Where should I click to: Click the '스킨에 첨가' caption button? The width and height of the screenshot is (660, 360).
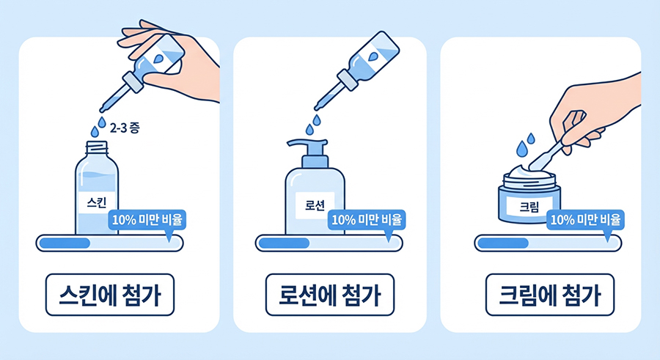(x=110, y=295)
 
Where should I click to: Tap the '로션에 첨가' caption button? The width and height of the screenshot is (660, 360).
(x=330, y=295)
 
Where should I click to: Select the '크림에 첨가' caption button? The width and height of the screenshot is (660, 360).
(x=550, y=295)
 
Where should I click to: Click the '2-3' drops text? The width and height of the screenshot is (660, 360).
(x=117, y=128)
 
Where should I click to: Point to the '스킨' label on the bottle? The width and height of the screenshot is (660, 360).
(x=97, y=203)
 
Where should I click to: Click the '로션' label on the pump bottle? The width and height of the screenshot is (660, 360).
(x=315, y=205)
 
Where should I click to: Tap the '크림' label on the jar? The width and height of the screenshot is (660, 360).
(x=529, y=207)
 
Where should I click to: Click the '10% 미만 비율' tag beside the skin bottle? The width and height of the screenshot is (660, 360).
(x=147, y=220)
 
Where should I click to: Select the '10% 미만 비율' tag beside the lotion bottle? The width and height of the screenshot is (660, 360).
(x=367, y=220)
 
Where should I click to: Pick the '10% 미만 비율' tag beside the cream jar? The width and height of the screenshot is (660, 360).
(x=585, y=220)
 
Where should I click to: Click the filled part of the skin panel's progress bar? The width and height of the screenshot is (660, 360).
(x=65, y=243)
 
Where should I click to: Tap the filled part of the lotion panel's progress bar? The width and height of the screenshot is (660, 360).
(x=284, y=243)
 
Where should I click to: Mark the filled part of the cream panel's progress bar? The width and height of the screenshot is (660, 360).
(x=503, y=243)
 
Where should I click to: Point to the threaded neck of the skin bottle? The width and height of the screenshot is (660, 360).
(x=97, y=148)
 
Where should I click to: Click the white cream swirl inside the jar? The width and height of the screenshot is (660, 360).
(x=529, y=172)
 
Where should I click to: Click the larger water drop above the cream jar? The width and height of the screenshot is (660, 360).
(x=522, y=149)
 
